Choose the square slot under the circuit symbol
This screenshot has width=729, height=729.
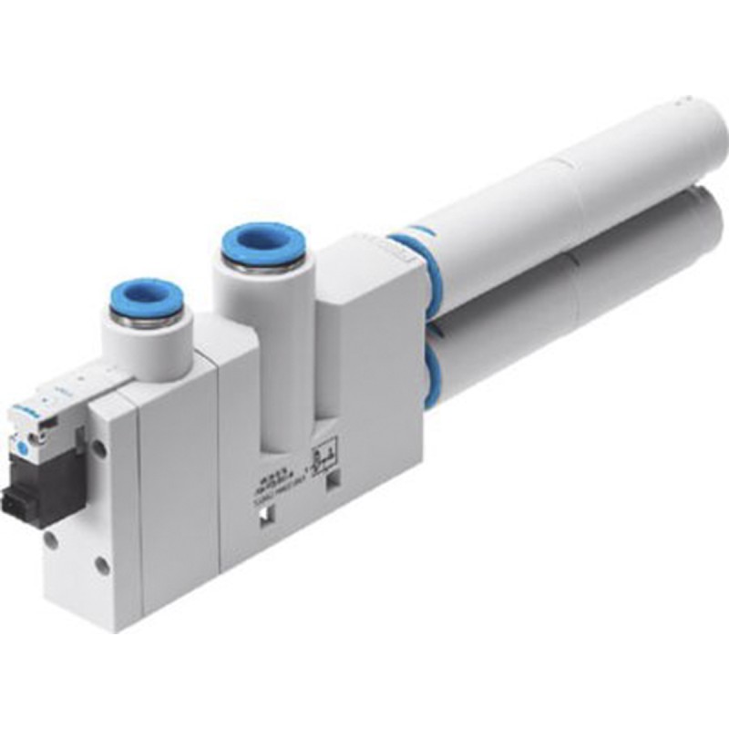332,478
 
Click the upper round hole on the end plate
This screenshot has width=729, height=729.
98,449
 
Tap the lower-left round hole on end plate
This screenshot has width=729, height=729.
52,539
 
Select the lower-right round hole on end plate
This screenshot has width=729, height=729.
103,566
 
